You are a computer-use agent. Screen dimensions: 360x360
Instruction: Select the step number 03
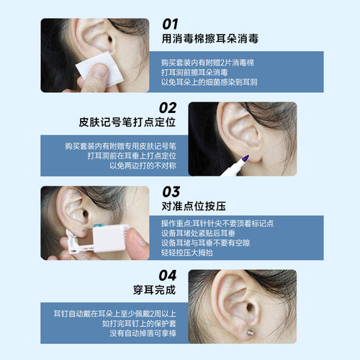pyautogui.click(x=171, y=192)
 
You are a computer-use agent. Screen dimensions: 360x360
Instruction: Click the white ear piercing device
pyautogui.click(x=104, y=235)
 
